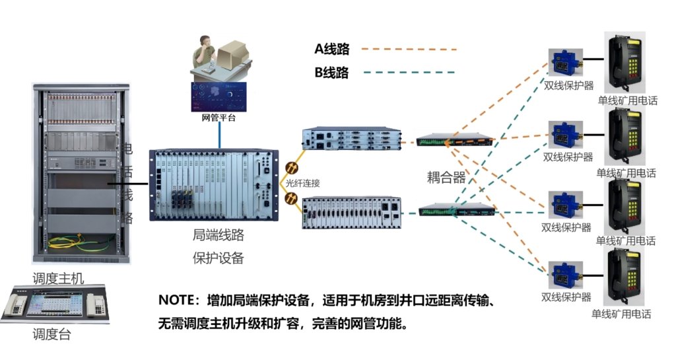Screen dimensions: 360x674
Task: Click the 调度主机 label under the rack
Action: [58, 278]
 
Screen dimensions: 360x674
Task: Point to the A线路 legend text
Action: [331, 49]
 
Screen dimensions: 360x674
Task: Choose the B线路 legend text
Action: [331, 73]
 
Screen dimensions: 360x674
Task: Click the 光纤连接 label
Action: [303, 184]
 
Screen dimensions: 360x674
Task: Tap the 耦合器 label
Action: [446, 177]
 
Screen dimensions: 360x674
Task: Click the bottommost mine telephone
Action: [623, 277]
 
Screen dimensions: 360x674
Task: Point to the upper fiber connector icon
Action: [290, 169]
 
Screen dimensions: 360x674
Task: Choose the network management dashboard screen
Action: [219, 97]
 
